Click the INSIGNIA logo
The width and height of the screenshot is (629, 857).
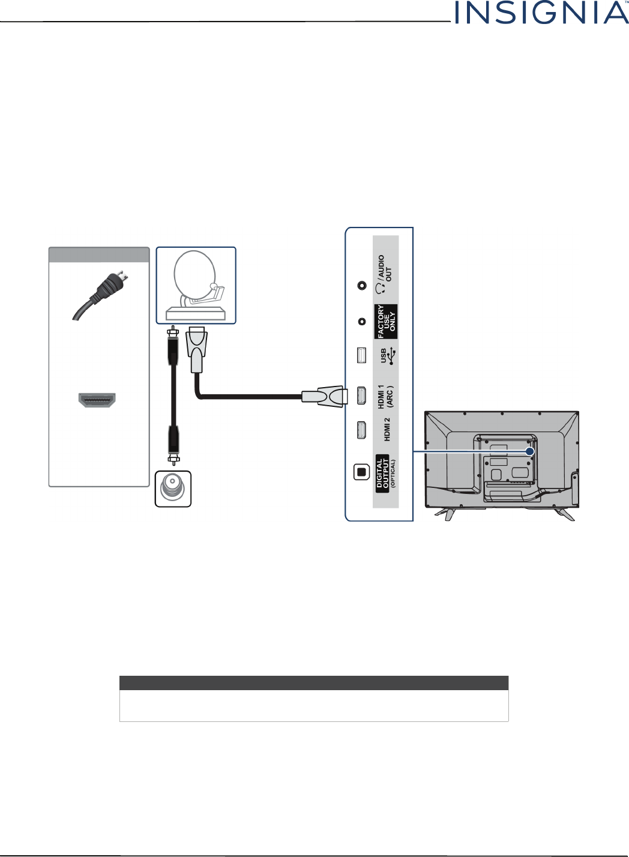541,13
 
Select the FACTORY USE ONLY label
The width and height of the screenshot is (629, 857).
386,322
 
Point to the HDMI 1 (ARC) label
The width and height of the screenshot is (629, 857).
385,397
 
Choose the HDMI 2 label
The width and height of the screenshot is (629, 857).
387,429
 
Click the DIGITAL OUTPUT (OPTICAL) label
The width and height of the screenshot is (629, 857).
385,474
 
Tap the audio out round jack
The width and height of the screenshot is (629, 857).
361,286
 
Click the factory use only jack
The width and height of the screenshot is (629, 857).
361,322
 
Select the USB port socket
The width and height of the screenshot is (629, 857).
361,355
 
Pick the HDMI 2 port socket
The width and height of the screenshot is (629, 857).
361,430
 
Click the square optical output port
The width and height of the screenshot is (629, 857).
361,472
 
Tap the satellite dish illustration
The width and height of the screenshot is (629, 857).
196,285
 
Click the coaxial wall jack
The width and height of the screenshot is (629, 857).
173,489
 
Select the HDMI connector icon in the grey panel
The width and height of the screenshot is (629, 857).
97,400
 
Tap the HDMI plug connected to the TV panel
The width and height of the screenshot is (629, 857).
324,395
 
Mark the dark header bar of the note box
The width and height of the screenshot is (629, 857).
314,683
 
